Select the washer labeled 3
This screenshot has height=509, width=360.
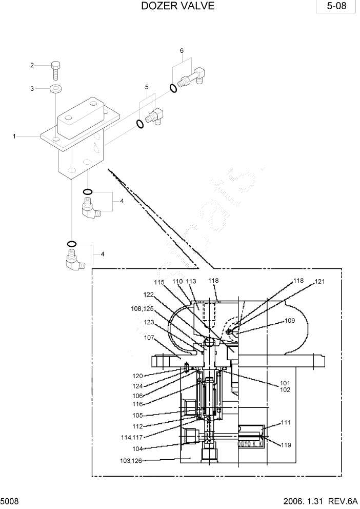55,89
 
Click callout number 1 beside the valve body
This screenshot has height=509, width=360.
15,136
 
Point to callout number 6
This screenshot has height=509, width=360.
182,51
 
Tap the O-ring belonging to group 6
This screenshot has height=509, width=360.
173,88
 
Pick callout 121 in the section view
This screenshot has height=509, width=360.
320,282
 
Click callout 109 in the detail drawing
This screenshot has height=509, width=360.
290,321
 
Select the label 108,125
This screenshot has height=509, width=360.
142,309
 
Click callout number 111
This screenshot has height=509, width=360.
286,423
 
